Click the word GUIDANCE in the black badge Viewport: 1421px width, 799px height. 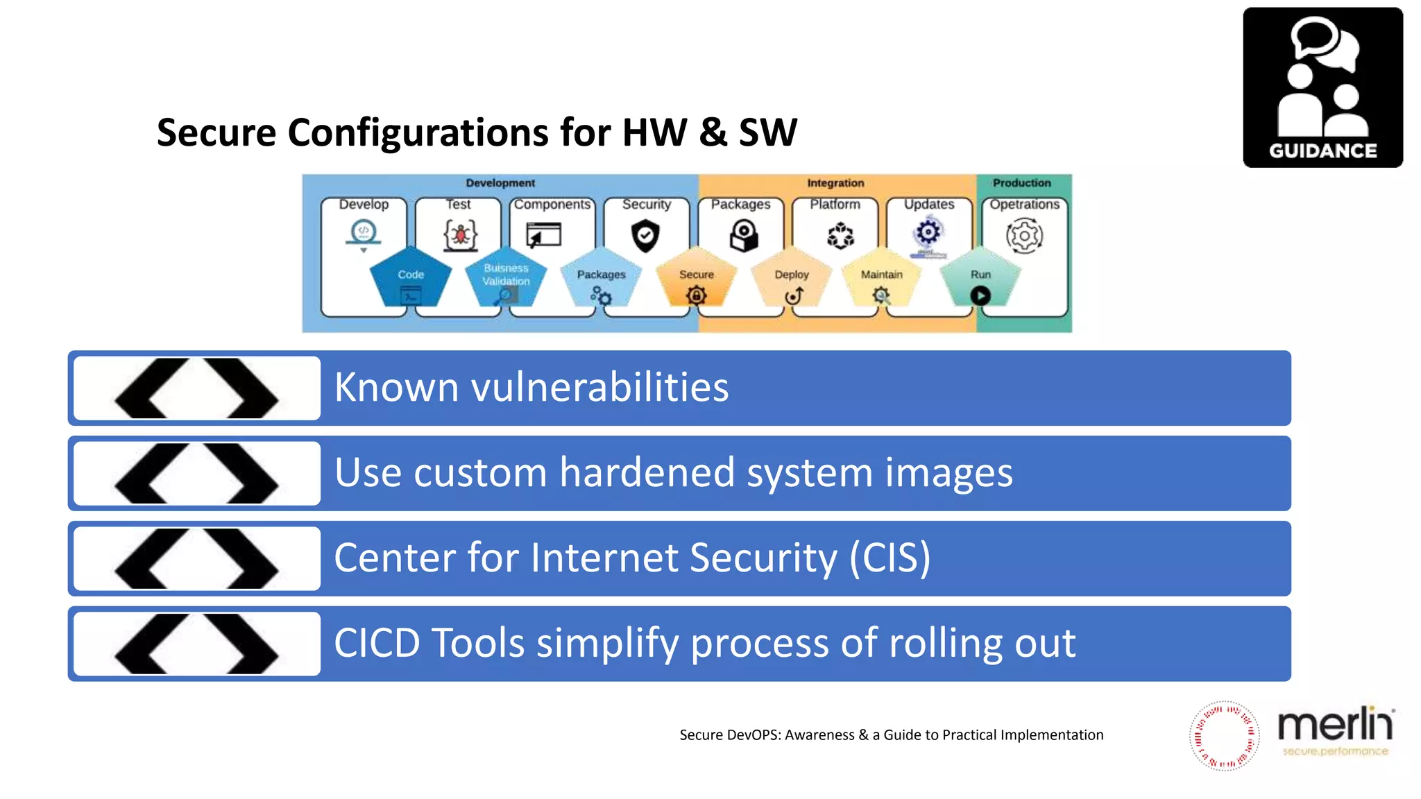point(1322,151)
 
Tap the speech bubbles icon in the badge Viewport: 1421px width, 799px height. point(1325,43)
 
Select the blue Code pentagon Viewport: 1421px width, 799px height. point(411,277)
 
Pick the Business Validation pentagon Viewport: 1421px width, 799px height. point(506,277)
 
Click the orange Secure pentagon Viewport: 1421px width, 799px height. point(696,277)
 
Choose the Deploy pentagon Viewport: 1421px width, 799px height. point(792,277)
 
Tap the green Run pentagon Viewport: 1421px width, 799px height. point(980,277)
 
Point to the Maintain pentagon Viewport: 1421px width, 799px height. point(881,277)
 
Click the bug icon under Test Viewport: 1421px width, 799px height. point(460,234)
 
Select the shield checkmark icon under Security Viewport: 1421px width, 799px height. point(645,236)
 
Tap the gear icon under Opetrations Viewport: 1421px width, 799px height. point(1024,236)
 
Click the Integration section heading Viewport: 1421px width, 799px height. point(835,183)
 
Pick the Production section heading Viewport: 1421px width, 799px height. point(1021,183)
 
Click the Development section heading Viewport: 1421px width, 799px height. point(500,183)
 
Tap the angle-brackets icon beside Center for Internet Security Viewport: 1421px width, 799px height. point(196,559)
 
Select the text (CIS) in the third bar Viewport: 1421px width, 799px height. point(890,558)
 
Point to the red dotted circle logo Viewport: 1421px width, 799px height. point(1224,736)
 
